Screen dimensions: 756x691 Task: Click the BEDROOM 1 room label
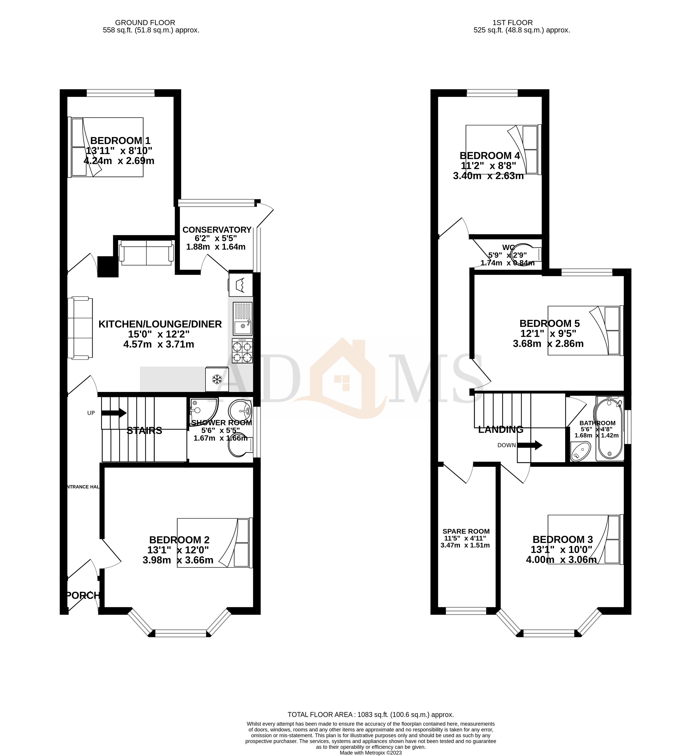(x=120, y=141)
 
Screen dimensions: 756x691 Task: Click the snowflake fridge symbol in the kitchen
(x=216, y=379)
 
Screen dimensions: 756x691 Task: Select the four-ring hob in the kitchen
(x=242, y=351)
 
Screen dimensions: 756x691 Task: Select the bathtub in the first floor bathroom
(x=610, y=429)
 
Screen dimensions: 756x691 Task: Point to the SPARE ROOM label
(x=466, y=531)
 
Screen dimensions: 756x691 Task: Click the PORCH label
(x=83, y=595)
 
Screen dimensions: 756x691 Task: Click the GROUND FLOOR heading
(x=145, y=22)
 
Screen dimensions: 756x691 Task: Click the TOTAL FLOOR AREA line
(x=371, y=714)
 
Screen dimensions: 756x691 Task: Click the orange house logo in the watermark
(x=340, y=379)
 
